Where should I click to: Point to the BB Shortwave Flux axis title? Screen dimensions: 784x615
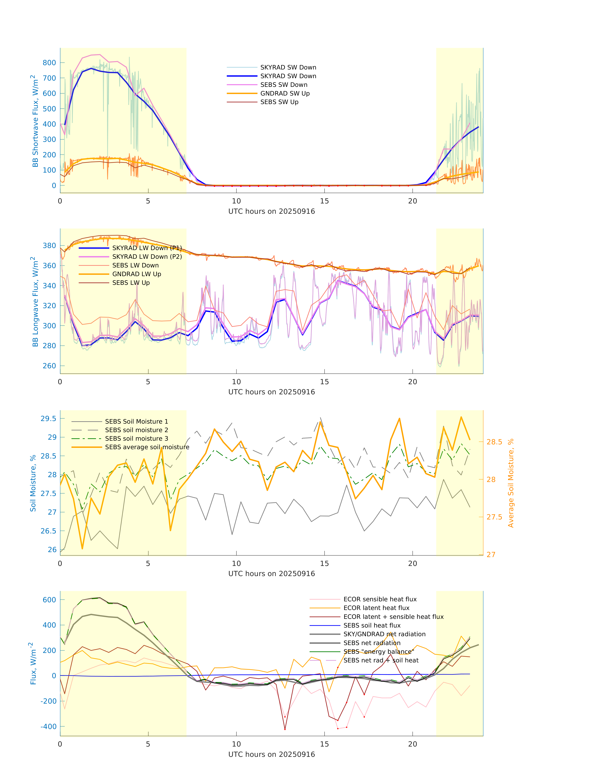pyautogui.click(x=35, y=121)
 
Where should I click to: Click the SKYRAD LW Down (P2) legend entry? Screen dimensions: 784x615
pyautogui.click(x=147, y=256)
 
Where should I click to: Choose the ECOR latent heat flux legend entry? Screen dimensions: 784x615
pyautogui.click(x=376, y=608)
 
